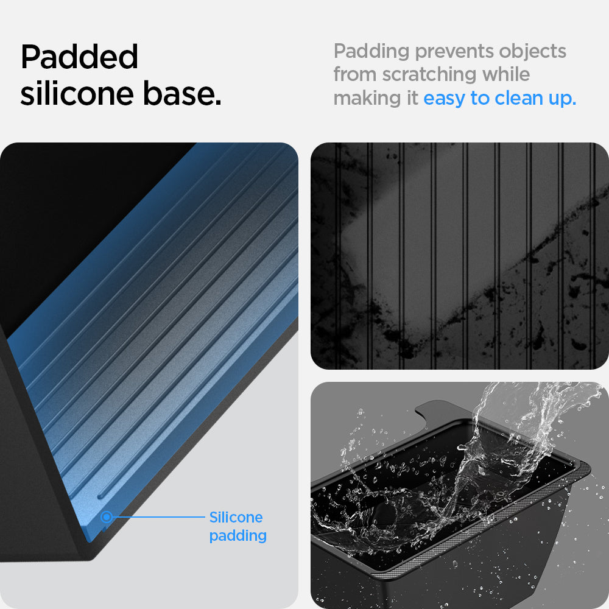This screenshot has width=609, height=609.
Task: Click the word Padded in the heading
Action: [79, 57]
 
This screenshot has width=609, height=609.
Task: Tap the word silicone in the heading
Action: [77, 93]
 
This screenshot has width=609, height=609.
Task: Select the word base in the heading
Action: [181, 93]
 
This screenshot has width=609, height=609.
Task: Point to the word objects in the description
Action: [532, 52]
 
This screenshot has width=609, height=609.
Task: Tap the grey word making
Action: [367, 98]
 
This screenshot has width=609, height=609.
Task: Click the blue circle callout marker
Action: [106, 517]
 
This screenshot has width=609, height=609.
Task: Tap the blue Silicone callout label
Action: [236, 517]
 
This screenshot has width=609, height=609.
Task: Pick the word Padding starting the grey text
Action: [371, 52]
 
